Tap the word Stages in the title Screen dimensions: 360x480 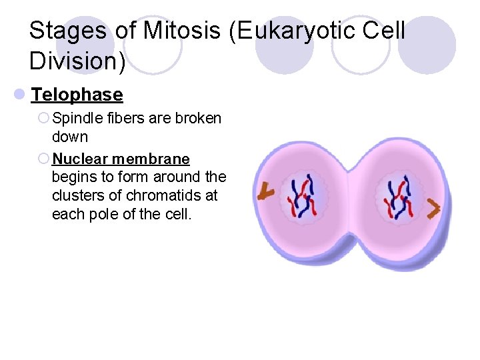click(68, 31)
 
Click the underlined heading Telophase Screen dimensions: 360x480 click(77, 95)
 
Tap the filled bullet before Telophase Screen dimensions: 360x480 click(22, 95)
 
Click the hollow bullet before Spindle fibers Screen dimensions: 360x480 click(43, 119)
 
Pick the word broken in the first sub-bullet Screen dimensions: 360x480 click(199, 119)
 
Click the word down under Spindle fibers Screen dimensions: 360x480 click(70, 137)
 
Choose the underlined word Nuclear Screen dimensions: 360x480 click(80, 159)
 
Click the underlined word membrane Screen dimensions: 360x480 click(151, 159)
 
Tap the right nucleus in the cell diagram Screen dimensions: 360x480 click(399, 197)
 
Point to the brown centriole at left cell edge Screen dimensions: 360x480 click(266, 192)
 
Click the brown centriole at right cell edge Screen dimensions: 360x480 click(434, 209)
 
